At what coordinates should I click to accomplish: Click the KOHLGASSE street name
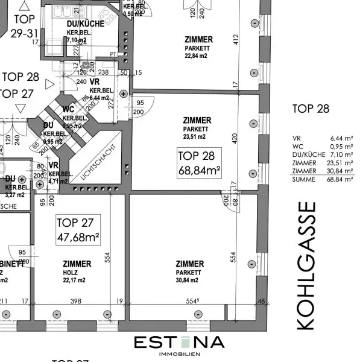[306, 266]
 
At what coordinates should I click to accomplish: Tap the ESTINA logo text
[179, 343]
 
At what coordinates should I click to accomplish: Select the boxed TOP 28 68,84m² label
[198, 164]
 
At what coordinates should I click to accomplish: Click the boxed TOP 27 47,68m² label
[78, 230]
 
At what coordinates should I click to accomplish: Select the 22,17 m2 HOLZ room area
[77, 279]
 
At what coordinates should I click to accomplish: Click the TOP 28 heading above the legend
[311, 109]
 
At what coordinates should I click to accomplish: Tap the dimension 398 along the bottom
[75, 300]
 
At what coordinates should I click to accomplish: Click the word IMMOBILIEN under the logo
[179, 354]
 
